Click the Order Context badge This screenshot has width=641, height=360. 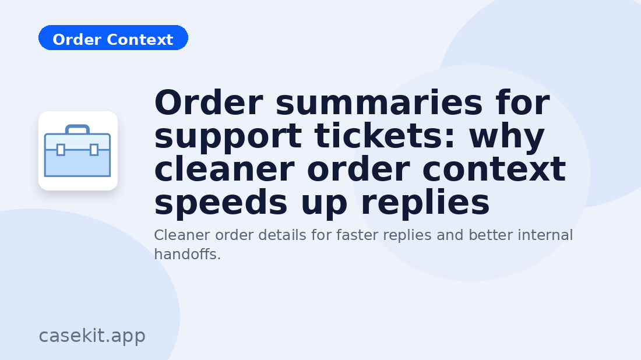pos(113,38)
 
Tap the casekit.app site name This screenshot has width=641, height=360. pos(92,336)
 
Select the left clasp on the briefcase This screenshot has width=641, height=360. pos(61,150)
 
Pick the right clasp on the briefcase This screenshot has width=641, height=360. pos(94,150)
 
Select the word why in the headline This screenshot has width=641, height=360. pos(506,137)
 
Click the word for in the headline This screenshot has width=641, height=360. pos(523,104)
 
